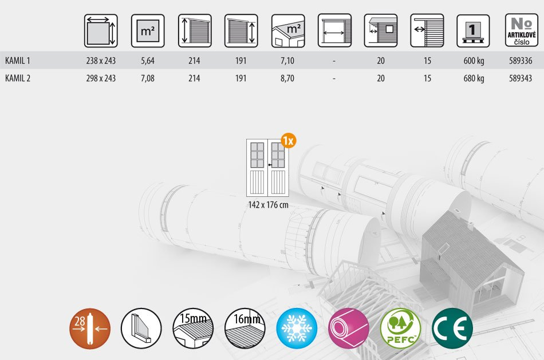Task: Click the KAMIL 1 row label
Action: point(18,61)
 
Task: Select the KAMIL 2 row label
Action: point(18,78)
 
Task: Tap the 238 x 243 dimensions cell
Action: point(101,61)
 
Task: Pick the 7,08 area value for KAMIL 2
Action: point(148,78)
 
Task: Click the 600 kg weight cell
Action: point(474,61)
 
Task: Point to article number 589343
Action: point(521,78)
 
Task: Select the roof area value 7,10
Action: point(287,61)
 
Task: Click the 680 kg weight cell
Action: point(474,78)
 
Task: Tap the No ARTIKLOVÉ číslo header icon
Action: point(522,30)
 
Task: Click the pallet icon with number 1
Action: point(473,31)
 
